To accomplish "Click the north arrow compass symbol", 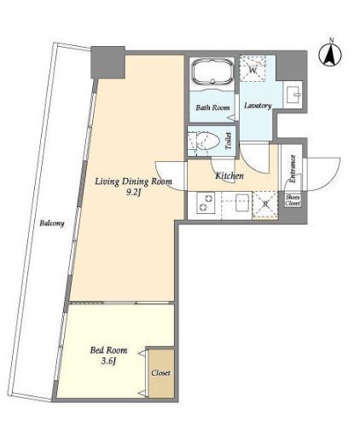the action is click(330, 54).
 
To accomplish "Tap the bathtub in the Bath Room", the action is click(212, 72).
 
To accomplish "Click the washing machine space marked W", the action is click(253, 69).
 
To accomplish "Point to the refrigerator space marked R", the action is click(265, 205).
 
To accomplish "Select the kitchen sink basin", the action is click(242, 203).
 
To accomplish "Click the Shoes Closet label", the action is click(293, 200).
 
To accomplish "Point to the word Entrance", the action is click(293, 169).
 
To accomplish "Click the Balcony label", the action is click(52, 223).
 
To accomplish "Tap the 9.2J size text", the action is click(133, 193).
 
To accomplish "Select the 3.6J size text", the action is click(108, 361).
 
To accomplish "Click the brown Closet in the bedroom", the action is click(161, 373).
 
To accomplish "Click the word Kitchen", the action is click(229, 176).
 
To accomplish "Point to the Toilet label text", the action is click(229, 141).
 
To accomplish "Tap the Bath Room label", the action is click(212, 107).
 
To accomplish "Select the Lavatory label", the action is click(258, 106).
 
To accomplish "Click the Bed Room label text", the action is click(108, 350).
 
